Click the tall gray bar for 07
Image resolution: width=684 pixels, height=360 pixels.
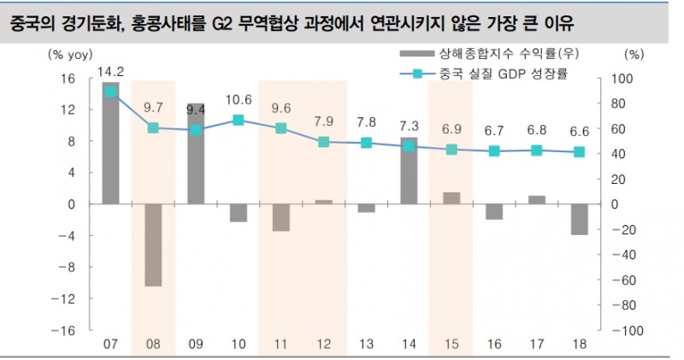pyautogui.click(x=110, y=143)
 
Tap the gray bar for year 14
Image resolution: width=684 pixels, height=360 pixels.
pyautogui.click(x=409, y=170)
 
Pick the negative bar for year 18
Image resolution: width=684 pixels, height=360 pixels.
pyautogui.click(x=579, y=219)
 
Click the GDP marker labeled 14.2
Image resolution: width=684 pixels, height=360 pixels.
pyautogui.click(x=110, y=91)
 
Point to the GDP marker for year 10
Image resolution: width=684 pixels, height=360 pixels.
pyautogui.click(x=239, y=120)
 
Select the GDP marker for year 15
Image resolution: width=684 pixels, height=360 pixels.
pyautogui.click(x=451, y=150)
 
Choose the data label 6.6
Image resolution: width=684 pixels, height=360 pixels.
pyautogui.click(x=579, y=132)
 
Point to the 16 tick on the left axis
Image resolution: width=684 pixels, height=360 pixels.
pyautogui.click(x=71, y=78)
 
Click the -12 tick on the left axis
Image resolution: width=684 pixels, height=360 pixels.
pyautogui.click(x=68, y=298)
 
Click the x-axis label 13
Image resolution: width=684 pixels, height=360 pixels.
pyautogui.click(x=366, y=344)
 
